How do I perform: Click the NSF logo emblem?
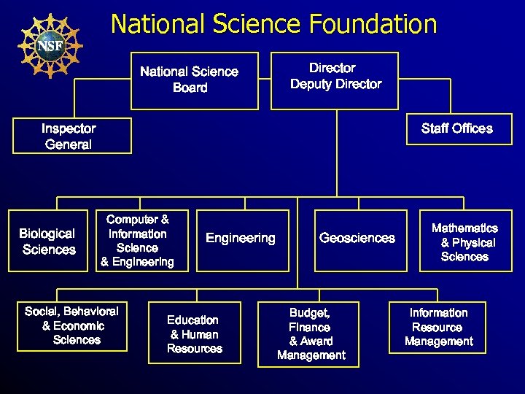click(50, 45)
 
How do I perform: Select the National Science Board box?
click(195, 80)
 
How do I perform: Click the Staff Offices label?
click(456, 128)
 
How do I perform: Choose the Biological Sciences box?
click(47, 242)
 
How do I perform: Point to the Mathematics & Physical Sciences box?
click(464, 242)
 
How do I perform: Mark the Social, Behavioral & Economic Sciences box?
click(71, 326)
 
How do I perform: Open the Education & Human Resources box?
click(194, 334)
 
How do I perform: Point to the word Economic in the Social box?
click(79, 326)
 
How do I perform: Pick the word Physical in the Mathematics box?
click(473, 242)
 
